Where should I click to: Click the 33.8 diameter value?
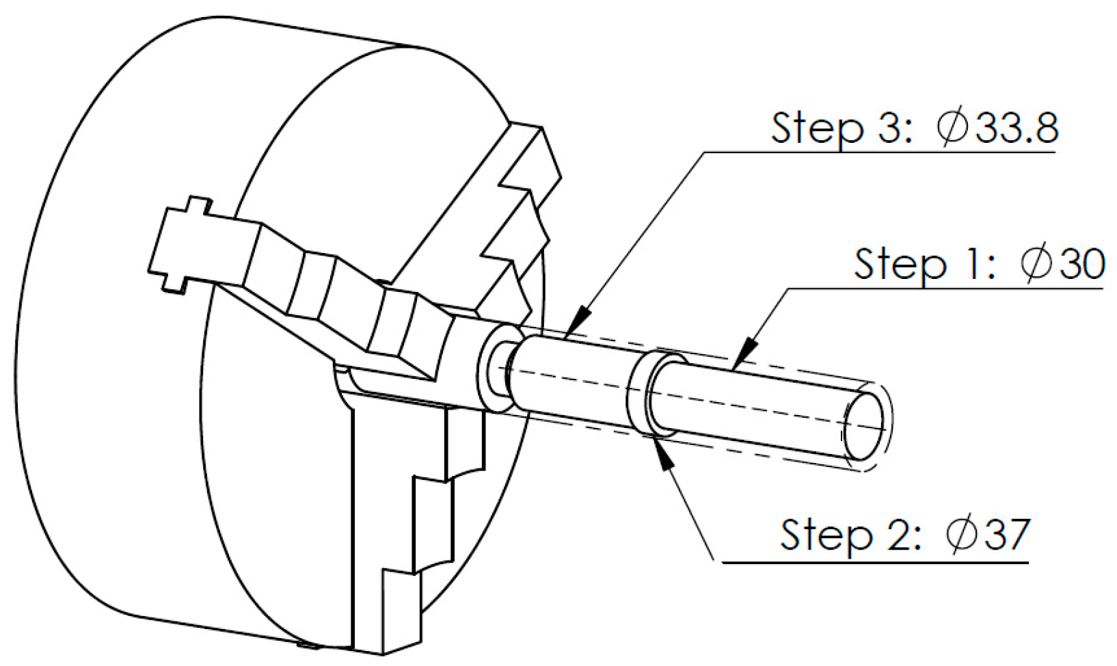[x=1017, y=127]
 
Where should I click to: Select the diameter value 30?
[x=1081, y=263]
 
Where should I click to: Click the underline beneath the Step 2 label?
[x=875, y=563]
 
